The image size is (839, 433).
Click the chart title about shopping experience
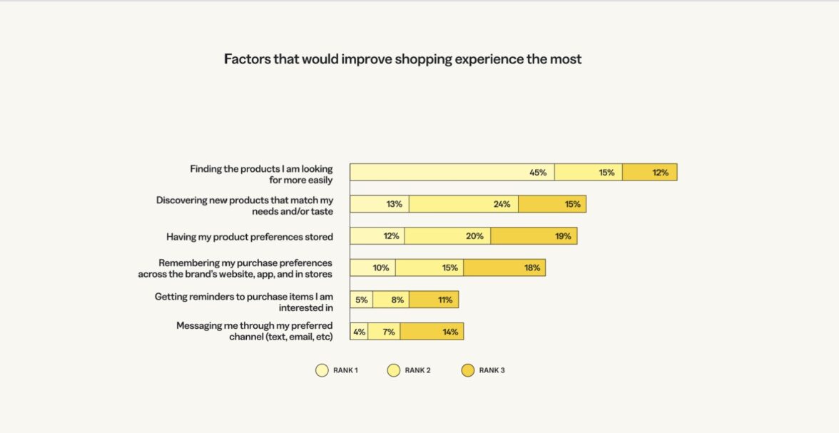click(402, 59)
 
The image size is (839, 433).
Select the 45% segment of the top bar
click(452, 172)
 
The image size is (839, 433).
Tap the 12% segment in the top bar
click(649, 172)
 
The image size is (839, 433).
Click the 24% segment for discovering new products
click(464, 204)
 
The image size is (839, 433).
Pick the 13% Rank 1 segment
click(380, 204)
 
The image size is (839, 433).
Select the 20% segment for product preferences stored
click(447, 236)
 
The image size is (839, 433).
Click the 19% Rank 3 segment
click(534, 236)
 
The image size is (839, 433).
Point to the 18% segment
click(504, 268)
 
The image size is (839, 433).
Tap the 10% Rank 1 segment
click(372, 268)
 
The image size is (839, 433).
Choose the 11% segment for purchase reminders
click(434, 300)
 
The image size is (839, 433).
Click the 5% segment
click(361, 300)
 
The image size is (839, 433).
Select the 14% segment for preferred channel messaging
click(432, 332)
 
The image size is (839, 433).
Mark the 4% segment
click(359, 332)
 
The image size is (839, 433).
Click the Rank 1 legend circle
click(322, 370)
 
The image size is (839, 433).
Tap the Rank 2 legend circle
click(393, 370)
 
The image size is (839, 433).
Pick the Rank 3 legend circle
click(467, 370)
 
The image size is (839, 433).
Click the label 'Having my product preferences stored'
click(250, 237)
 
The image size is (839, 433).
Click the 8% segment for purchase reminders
click(391, 300)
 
